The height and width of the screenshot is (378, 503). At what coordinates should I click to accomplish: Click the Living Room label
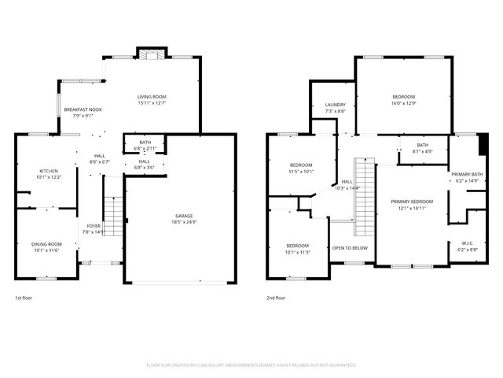coord(152,97)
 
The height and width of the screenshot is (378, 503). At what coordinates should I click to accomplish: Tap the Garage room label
coord(184,216)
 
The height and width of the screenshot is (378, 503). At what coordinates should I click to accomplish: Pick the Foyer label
coord(94,227)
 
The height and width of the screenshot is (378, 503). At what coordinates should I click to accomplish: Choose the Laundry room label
coord(336,105)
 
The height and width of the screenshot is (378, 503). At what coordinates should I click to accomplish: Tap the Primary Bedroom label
coord(413,202)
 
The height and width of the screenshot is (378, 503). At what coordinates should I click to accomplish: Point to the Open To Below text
coord(350,247)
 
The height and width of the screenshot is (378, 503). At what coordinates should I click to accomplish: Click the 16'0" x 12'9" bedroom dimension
coord(403,102)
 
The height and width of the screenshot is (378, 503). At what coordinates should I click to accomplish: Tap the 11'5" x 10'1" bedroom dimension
coord(301,170)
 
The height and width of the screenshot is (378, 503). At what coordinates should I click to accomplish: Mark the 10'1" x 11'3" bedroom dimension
coord(297,252)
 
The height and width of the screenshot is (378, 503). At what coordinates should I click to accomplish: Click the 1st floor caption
coord(24,298)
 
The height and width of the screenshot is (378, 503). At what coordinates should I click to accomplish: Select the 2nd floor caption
coord(276,298)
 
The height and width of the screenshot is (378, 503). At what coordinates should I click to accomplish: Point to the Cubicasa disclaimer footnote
coord(251,365)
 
